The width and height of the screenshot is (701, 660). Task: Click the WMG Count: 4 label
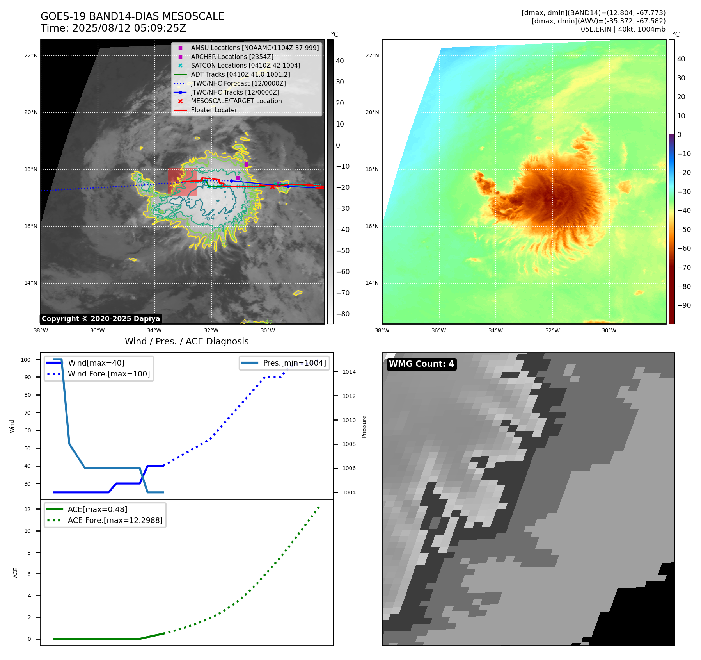pyautogui.click(x=421, y=364)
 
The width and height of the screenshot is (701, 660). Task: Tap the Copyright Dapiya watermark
pyautogui.click(x=101, y=319)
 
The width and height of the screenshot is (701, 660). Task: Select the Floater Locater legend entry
pyautogui.click(x=214, y=110)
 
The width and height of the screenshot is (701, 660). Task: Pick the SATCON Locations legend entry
pyautogui.click(x=245, y=66)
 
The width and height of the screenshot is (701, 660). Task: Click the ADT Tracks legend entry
pyautogui.click(x=240, y=75)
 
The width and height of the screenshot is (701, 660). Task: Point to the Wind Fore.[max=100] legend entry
pyautogui.click(x=109, y=374)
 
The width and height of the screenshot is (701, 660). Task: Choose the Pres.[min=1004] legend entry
pyautogui.click(x=294, y=363)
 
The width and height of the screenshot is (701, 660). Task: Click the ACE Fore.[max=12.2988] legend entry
pyautogui.click(x=115, y=520)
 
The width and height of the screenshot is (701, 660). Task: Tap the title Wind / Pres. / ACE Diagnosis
pyautogui.click(x=186, y=341)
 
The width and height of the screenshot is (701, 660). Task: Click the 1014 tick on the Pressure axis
pyautogui.click(x=349, y=372)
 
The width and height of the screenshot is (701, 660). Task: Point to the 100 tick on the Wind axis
pyautogui.click(x=26, y=360)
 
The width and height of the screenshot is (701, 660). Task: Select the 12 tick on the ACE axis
pyautogui.click(x=27, y=509)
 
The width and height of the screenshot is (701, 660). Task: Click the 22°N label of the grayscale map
pyautogui.click(x=31, y=56)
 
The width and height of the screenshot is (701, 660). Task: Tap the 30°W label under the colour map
pyautogui.click(x=609, y=330)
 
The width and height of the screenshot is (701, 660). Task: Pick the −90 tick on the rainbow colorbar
pyautogui.click(x=684, y=305)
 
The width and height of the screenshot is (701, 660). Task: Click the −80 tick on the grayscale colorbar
pyautogui.click(x=343, y=314)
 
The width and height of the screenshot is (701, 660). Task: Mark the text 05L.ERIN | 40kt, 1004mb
pyautogui.click(x=623, y=29)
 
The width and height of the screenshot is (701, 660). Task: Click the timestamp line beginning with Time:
pyautogui.click(x=113, y=29)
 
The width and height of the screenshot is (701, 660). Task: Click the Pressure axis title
pyautogui.click(x=364, y=426)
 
